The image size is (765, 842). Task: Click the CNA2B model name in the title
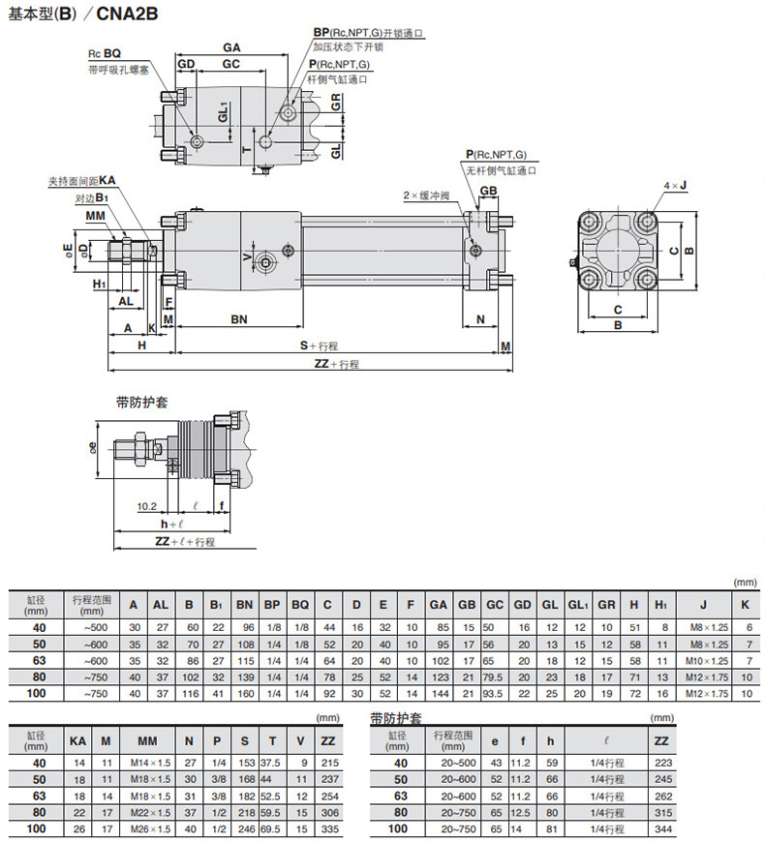coord(127,13)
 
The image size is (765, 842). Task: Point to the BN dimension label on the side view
coord(239,319)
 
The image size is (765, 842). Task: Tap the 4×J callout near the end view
coord(675,185)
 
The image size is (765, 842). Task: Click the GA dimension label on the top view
coord(231,47)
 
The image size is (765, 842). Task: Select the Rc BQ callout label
coord(105,53)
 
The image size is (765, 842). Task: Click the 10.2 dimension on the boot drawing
coord(146,506)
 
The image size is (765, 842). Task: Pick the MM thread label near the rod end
coord(95,216)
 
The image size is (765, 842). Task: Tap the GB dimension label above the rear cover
coord(488,191)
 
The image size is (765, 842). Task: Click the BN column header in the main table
coord(244,605)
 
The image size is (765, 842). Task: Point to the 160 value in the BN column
coord(246,694)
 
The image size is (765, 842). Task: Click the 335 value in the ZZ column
coord(330,829)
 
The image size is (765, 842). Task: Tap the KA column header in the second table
coord(77,741)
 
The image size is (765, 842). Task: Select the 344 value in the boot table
coord(663,829)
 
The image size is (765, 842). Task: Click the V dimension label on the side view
coord(247,257)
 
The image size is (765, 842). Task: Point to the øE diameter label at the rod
coord(68,251)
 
